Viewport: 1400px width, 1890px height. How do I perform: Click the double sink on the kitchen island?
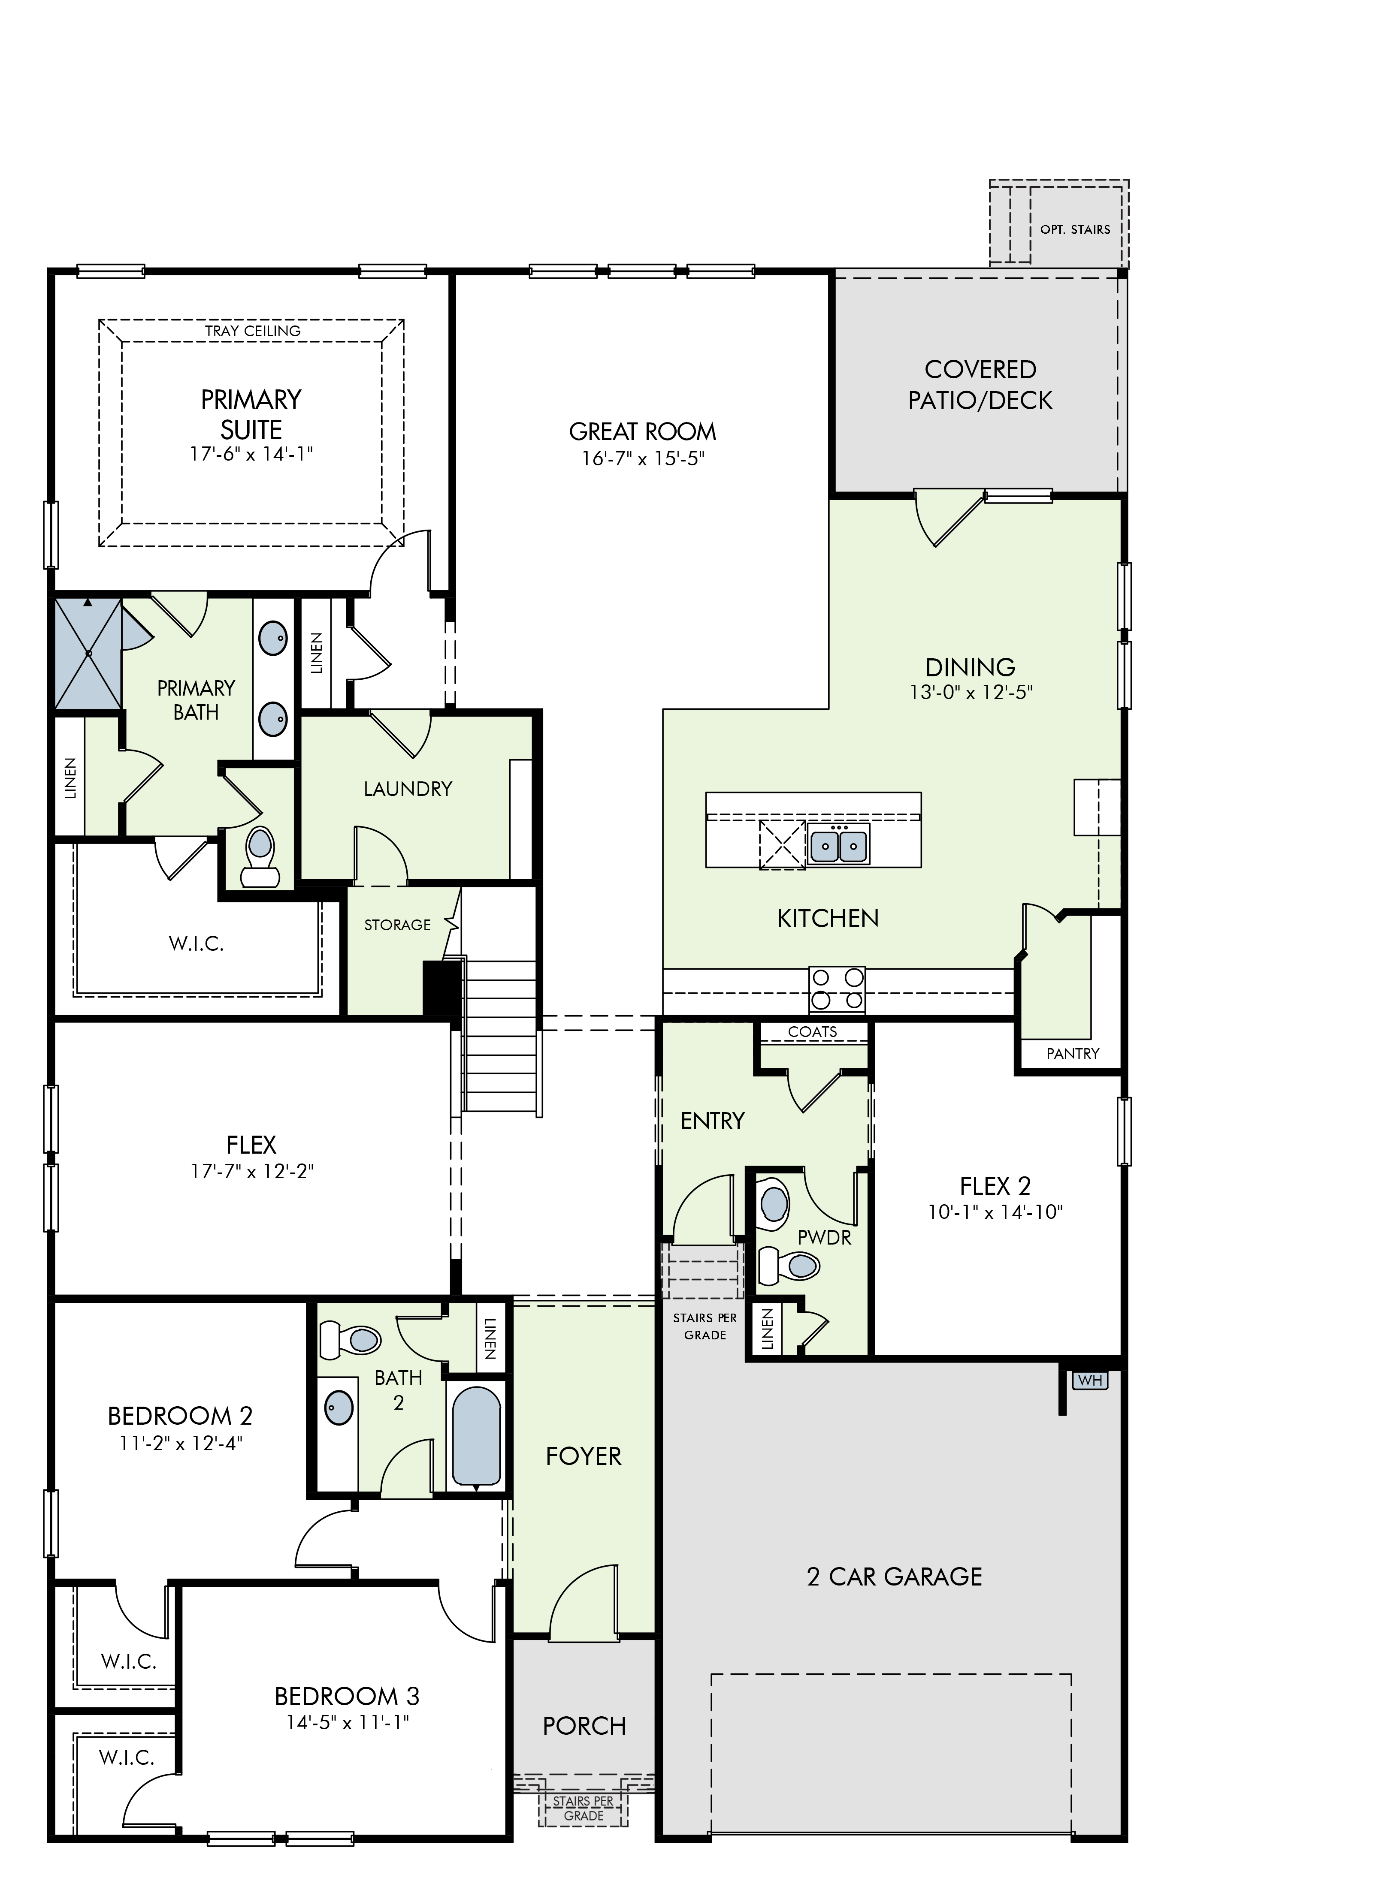click(838, 844)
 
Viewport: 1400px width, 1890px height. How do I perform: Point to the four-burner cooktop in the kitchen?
click(837, 989)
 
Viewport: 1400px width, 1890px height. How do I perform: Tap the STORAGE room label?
click(397, 925)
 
